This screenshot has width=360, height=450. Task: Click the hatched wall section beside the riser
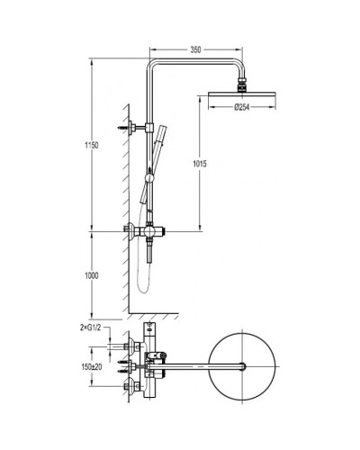click(124, 180)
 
